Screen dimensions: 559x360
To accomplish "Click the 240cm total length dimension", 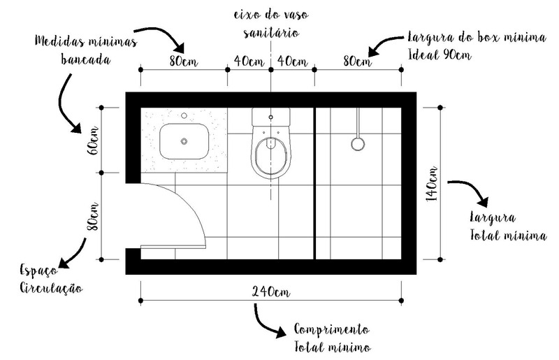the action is pos(271,292).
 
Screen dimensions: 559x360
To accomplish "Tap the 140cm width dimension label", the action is pos(432,184).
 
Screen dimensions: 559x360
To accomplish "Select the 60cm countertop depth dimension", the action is pos(93,141).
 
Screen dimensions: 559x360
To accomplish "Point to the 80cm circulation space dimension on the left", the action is pos(93,217).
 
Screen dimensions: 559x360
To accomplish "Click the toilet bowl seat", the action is pos(270,157).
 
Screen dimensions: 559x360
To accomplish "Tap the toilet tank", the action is pos(270,117).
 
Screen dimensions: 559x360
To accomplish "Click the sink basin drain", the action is pos(184,141).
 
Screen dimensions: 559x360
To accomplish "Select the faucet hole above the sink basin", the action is pos(184,115).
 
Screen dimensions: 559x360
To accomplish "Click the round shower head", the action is pos(358,144).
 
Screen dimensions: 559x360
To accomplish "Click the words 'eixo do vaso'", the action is pos(271,15).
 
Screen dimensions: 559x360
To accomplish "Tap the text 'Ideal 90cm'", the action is pos(440,55).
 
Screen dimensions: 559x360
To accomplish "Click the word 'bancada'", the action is pos(85,59).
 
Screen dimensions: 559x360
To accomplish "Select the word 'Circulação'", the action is pos(51,287).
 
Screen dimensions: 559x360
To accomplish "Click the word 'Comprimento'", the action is pos(332,329).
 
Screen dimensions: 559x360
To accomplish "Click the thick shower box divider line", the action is pos(315,183).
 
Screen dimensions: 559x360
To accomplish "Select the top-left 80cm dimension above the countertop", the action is pos(184,62).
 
